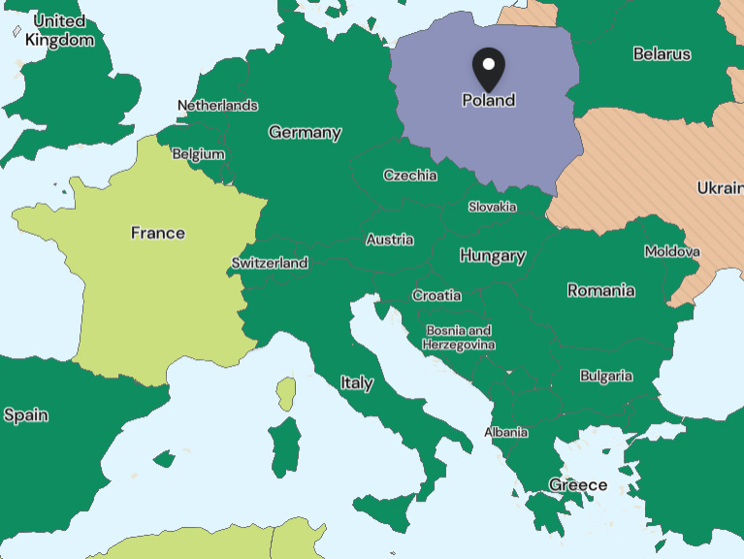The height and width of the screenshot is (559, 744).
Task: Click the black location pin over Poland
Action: (489, 67)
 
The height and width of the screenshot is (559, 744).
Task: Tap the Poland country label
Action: (489, 100)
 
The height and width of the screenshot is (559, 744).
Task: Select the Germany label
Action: (305, 133)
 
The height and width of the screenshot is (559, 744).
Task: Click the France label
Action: (158, 233)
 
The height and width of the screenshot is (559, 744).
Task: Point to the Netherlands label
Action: (217, 105)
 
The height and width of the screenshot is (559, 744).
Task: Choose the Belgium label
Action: (198, 154)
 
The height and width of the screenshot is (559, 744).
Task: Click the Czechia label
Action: (409, 176)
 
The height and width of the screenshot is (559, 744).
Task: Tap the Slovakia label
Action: (492, 207)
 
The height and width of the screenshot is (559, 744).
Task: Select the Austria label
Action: (390, 240)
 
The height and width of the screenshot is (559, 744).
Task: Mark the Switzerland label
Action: (270, 263)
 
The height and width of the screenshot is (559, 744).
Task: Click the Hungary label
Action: (493, 256)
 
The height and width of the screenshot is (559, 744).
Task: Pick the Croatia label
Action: (437, 295)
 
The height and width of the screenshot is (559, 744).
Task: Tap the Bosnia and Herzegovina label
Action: (459, 338)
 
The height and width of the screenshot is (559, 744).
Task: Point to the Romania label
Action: (601, 290)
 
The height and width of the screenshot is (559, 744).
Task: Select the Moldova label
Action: (671, 251)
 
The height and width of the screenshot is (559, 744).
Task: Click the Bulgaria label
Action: (606, 376)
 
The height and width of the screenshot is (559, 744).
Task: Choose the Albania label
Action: (506, 432)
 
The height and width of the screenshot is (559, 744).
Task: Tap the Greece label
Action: (578, 485)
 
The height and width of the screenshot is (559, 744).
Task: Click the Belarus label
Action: (662, 54)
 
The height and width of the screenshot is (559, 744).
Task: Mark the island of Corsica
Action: (285, 393)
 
